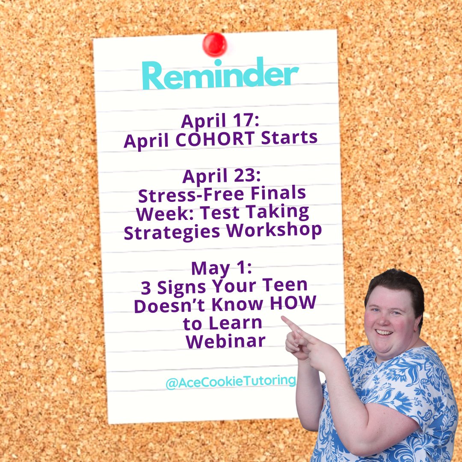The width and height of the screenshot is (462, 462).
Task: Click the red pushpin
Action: pyautogui.click(x=214, y=44)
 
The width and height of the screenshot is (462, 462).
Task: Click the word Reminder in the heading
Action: pyautogui.click(x=220, y=75)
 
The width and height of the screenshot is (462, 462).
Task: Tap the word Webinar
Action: pyautogui.click(x=225, y=341)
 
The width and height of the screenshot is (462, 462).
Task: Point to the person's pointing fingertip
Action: pyautogui.click(x=283, y=318)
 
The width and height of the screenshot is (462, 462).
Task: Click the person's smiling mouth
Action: pyautogui.click(x=384, y=332)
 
